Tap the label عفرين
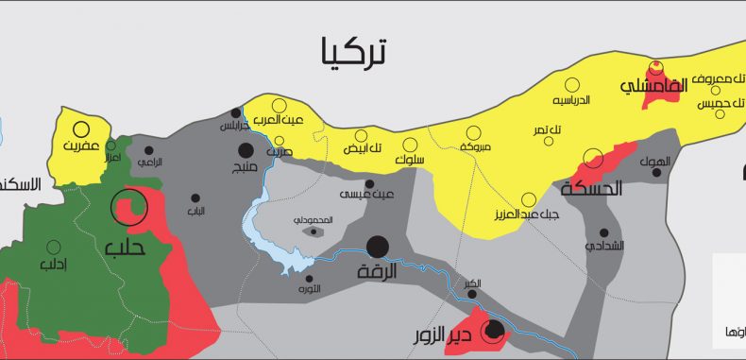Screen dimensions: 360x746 point(81,147)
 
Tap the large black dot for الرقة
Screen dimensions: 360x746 point(378,247)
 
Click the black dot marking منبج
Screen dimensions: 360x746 point(246,150)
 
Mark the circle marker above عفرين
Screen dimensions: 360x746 point(81,129)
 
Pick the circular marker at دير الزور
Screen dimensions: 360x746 point(492,330)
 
